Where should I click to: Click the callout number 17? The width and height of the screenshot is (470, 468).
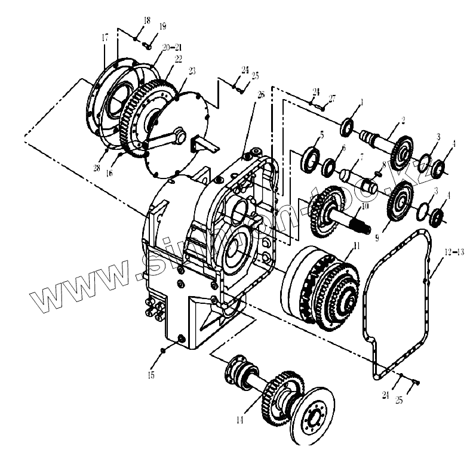[105, 37]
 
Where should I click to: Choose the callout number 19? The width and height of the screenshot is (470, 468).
[162, 27]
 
